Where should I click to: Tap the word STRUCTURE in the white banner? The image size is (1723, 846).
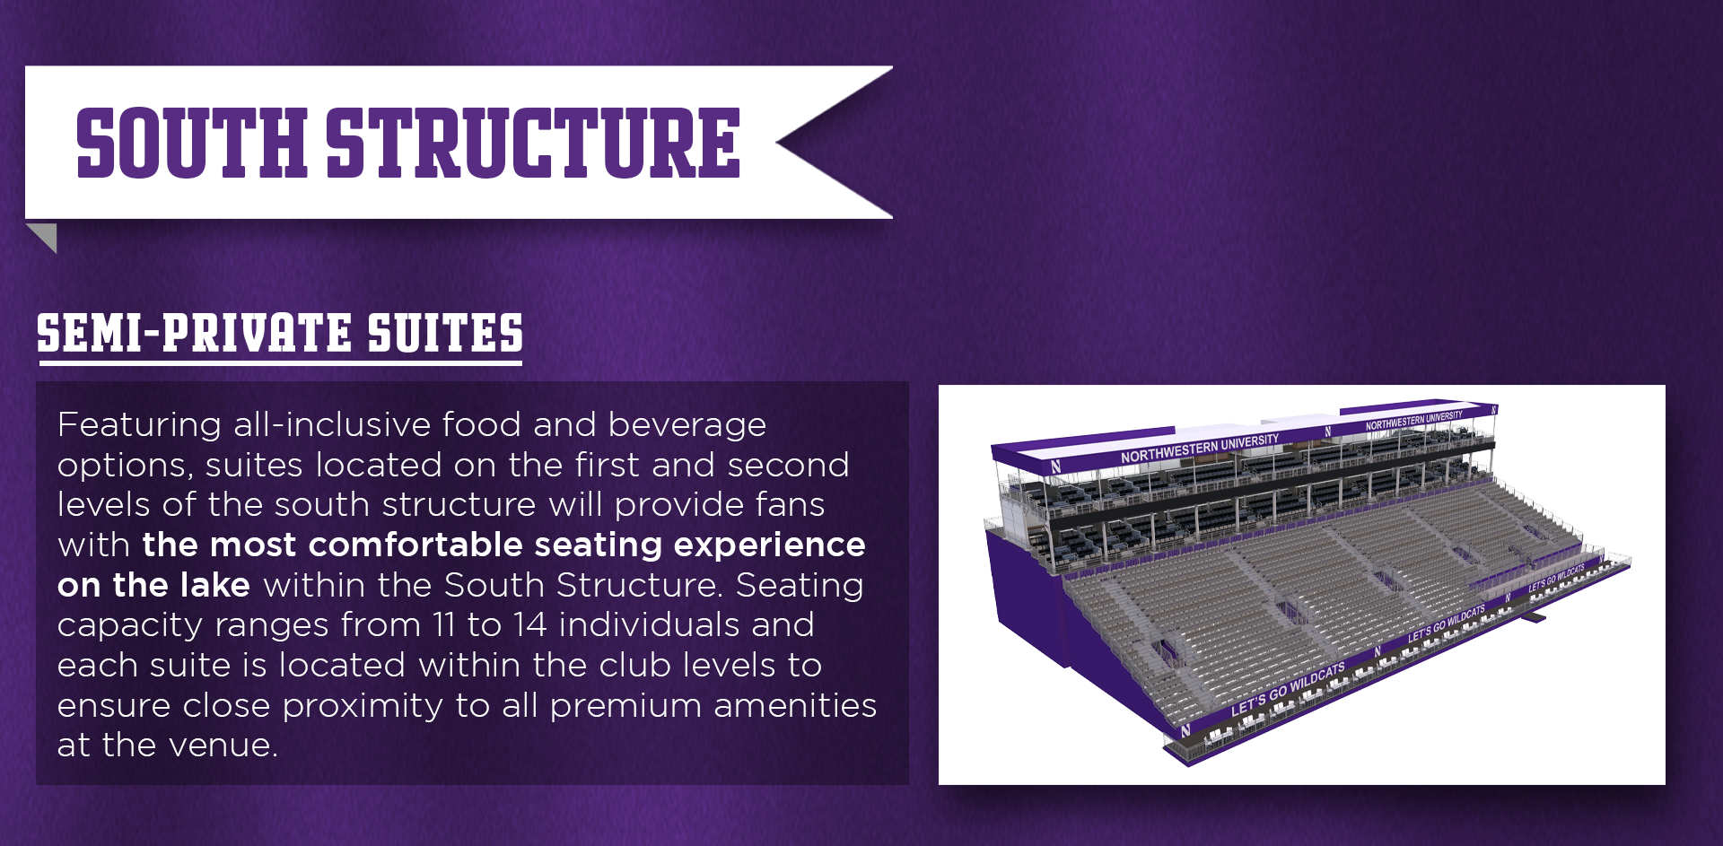533,143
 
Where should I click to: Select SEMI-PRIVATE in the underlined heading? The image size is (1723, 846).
195,333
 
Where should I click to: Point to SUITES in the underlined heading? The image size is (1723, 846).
445,333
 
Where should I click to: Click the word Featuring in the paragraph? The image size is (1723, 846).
139,424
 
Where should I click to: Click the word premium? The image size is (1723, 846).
625,706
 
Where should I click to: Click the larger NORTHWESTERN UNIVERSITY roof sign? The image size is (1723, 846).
1200,449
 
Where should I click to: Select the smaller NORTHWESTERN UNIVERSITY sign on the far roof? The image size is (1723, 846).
1414,420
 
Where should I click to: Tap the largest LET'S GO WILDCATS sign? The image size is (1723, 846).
1288,690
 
